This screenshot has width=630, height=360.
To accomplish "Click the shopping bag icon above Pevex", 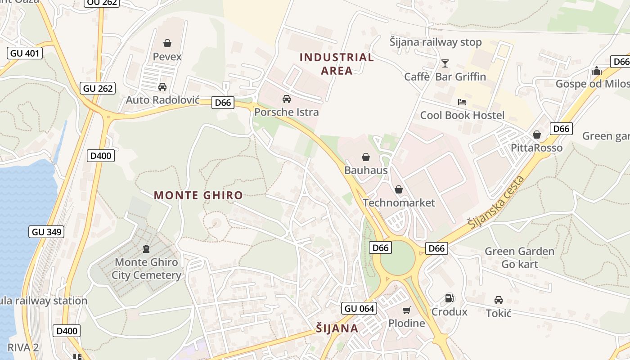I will click(x=167, y=43).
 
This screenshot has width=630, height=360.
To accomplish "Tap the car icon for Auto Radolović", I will click(x=162, y=86).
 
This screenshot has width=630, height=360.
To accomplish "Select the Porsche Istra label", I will click(x=286, y=112).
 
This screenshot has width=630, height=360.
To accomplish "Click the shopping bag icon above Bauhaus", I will click(x=366, y=157).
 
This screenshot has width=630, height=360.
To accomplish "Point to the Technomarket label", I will click(x=399, y=202).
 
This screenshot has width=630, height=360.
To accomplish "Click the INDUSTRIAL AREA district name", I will click(x=337, y=63).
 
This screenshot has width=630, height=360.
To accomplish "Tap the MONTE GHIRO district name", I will click(x=198, y=195).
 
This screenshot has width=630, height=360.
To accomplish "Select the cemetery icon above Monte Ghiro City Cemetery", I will click(x=146, y=248).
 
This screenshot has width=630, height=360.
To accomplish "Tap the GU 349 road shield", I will click(x=47, y=232).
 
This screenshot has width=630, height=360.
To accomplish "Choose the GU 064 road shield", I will click(x=359, y=308).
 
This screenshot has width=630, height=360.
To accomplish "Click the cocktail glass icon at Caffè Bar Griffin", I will click(x=445, y=63).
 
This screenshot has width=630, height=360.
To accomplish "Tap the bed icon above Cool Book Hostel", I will click(x=462, y=102).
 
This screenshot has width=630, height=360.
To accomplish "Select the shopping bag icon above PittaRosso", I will click(x=537, y=135).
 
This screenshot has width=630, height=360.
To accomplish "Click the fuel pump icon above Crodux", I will click(x=449, y=298).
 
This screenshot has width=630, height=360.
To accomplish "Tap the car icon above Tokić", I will click(x=499, y=300).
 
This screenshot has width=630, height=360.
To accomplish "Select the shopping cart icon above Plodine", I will click(x=407, y=310).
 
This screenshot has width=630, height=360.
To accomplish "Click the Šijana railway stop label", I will click(x=435, y=42).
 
